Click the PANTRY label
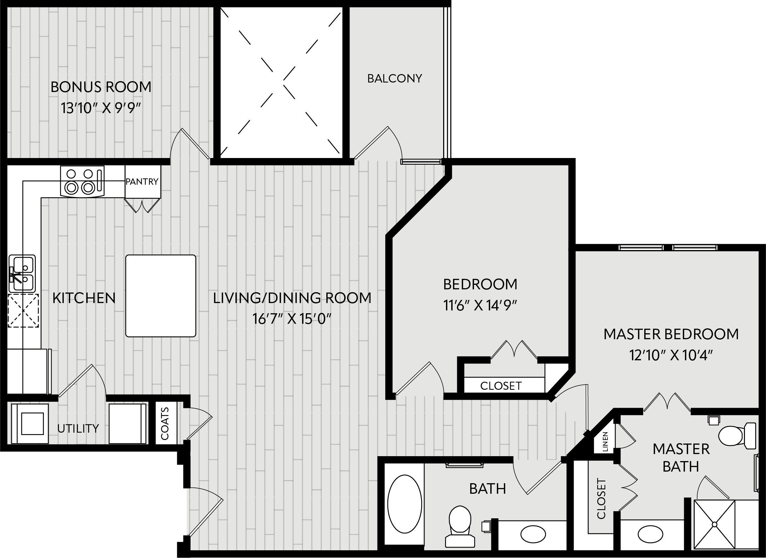pos(142,182)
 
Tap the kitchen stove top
pos(82,181)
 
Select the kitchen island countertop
pos(161,296)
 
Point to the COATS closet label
pos(165,423)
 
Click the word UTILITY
pos(78,428)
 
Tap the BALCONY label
pos(395,79)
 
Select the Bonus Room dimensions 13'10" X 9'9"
pos(101,108)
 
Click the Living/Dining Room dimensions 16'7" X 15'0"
pos(292,319)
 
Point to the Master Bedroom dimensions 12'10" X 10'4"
pos(671,356)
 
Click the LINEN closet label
pos(605,441)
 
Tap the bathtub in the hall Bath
pos(405,504)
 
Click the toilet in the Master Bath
pos(737,436)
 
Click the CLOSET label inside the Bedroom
pos(501,386)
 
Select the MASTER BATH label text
pos(681,458)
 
